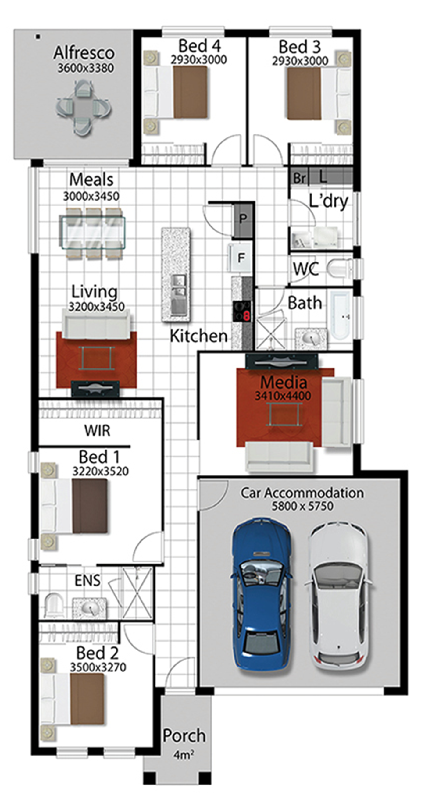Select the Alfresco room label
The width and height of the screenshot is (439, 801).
(x=84, y=52)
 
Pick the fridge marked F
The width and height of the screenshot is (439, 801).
(x=241, y=258)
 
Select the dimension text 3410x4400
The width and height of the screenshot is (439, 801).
(x=283, y=396)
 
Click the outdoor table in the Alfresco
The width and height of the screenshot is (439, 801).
(x=83, y=108)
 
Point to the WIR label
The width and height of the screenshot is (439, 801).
(x=97, y=431)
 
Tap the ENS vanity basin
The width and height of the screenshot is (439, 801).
(x=90, y=607)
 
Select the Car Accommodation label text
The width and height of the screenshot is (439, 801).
(x=302, y=493)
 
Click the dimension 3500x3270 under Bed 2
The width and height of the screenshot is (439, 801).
(x=98, y=667)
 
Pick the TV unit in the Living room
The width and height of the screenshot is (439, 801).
(x=95, y=388)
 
